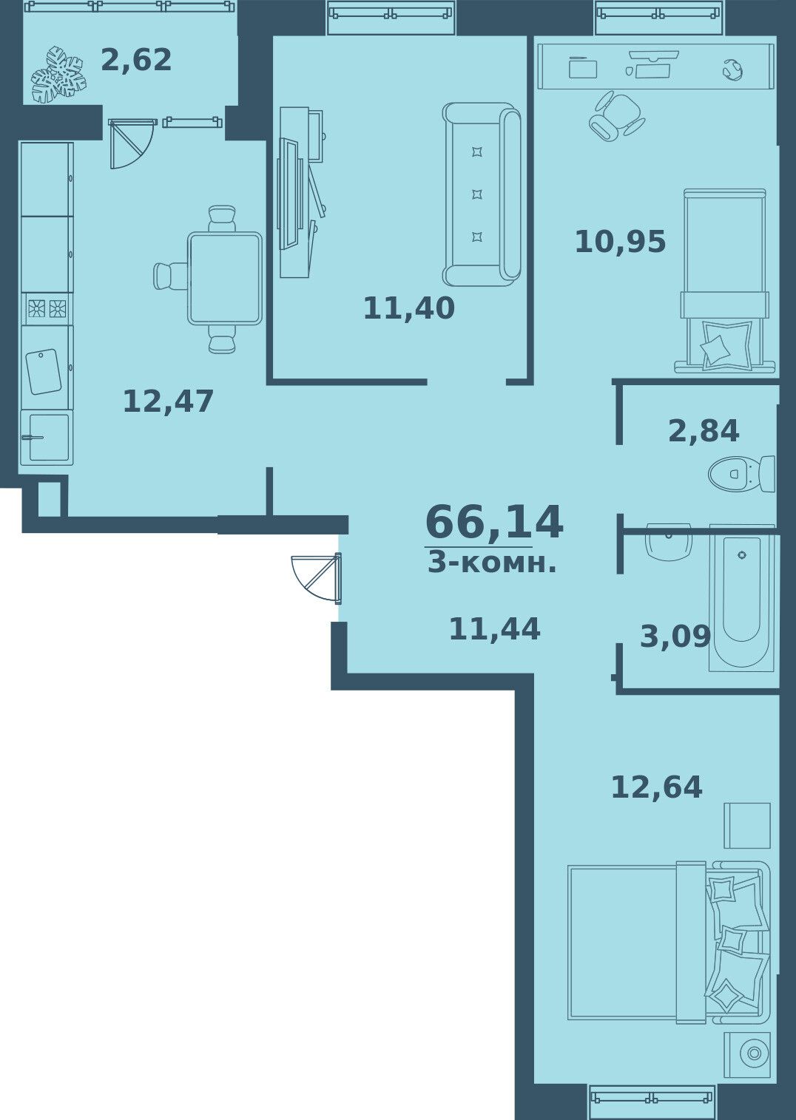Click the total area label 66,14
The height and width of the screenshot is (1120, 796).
pyautogui.click(x=494, y=523)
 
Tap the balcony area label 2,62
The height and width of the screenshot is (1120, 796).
pyautogui.click(x=136, y=61)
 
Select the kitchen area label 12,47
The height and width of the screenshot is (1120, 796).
pyautogui.click(x=168, y=401)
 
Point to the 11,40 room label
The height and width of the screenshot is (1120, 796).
pyautogui.click(x=409, y=308)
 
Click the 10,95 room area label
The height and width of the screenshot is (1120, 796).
pyautogui.click(x=620, y=242)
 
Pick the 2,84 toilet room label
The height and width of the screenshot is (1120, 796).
pyautogui.click(x=704, y=431)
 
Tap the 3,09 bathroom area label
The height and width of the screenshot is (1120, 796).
pyautogui.click(x=675, y=637)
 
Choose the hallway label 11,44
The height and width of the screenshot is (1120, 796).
pyautogui.click(x=494, y=629)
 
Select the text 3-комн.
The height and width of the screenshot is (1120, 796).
pyautogui.click(x=492, y=563)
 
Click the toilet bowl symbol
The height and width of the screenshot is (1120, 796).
pyautogui.click(x=741, y=473)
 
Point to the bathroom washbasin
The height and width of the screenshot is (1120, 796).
pyautogui.click(x=669, y=542)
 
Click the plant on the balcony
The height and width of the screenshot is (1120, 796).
pyautogui.click(x=58, y=75)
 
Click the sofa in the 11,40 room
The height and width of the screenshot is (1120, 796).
pyautogui.click(x=482, y=194)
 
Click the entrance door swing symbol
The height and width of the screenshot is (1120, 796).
pyautogui.click(x=316, y=578)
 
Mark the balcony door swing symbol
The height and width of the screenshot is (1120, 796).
pyautogui.click(x=130, y=143)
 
